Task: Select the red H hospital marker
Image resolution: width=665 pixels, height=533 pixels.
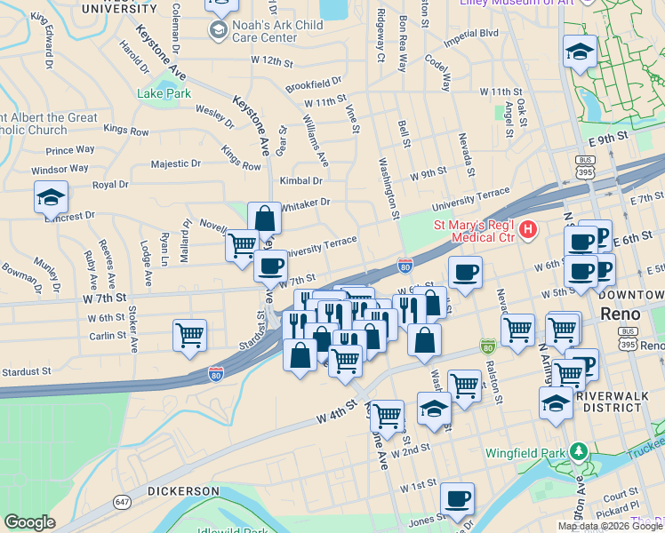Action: pyautogui.click(x=528, y=230)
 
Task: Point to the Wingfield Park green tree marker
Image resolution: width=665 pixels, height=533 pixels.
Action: pyautogui.click(x=580, y=452)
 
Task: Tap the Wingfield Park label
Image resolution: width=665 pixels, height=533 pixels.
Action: pyautogui.click(x=525, y=453)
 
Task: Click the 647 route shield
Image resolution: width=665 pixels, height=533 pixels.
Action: pyautogui.click(x=122, y=504)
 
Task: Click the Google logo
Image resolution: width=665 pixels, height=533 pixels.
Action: pyautogui.click(x=29, y=522)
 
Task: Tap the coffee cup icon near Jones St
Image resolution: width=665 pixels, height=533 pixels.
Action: pyautogui.click(x=457, y=499)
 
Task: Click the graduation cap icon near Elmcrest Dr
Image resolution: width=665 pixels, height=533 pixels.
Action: pyautogui.click(x=51, y=198)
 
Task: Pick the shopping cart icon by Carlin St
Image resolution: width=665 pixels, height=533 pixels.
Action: pyautogui.click(x=189, y=336)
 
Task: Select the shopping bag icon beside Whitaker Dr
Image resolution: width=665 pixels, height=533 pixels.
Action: pyautogui.click(x=264, y=219)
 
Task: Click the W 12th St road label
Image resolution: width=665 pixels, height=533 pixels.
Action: pyautogui.click(x=272, y=61)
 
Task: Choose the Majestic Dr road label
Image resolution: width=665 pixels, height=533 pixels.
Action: pyautogui.click(x=175, y=163)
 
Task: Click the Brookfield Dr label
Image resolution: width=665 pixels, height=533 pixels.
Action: pyautogui.click(x=314, y=85)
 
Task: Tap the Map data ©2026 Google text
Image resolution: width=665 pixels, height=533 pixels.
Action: pyautogui.click(x=610, y=526)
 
